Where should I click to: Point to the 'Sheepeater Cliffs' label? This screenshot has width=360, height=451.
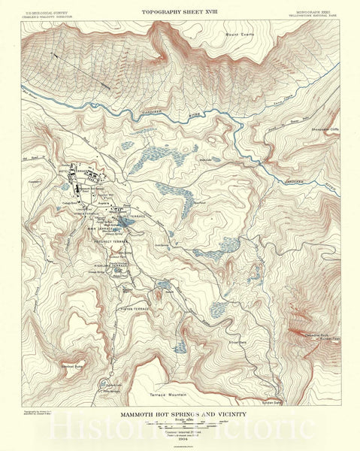(322, 129)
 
